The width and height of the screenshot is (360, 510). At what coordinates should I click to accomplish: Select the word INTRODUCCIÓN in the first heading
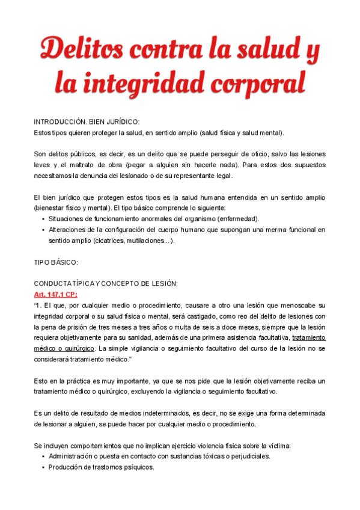point(60,121)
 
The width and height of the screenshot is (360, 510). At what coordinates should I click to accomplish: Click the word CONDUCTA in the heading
point(53,283)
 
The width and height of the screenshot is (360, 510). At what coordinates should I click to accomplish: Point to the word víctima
point(277,446)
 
